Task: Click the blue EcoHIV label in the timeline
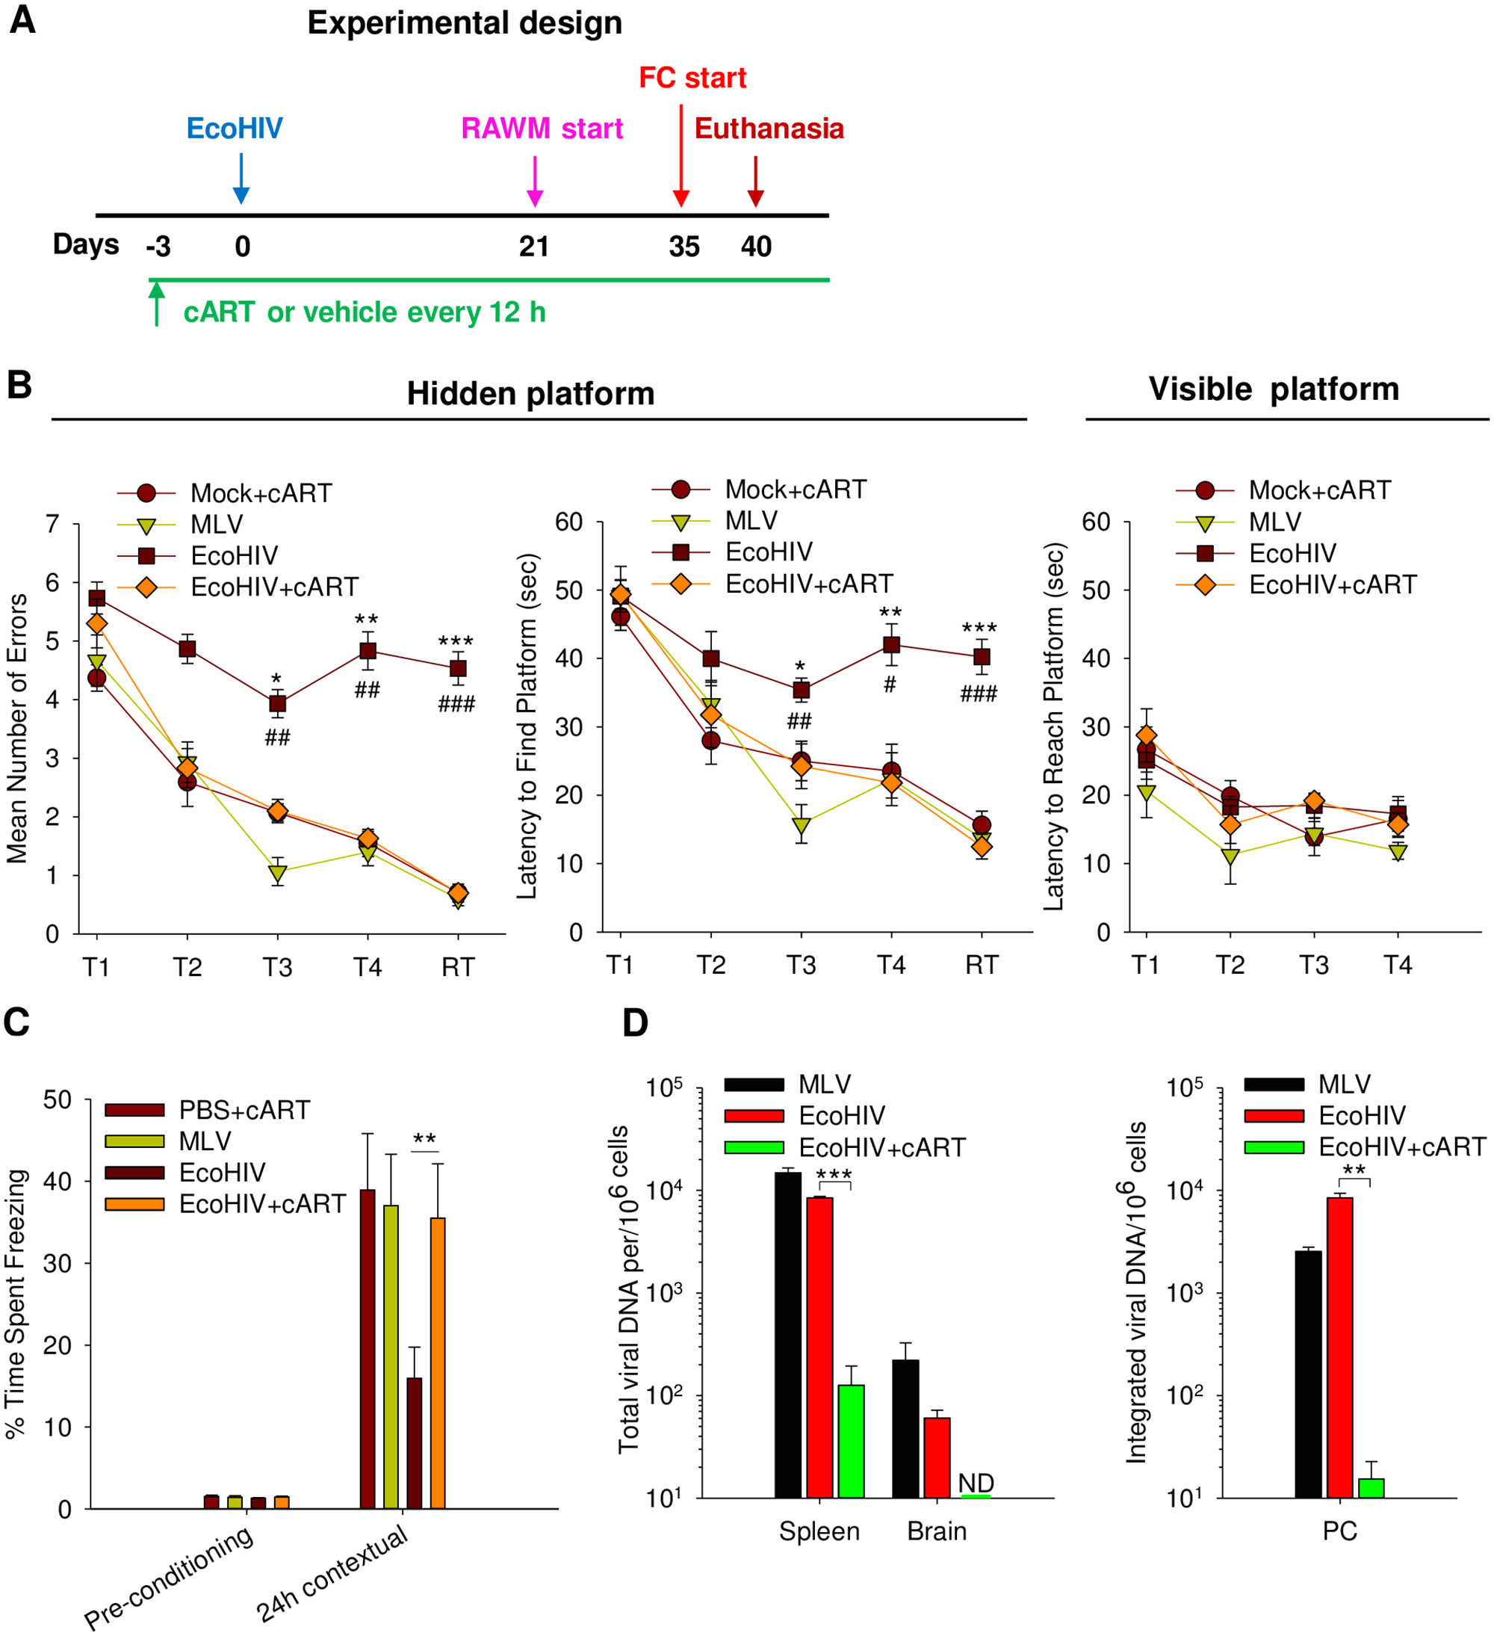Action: tap(235, 129)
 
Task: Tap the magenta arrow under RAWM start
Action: tap(535, 181)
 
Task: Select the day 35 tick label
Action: tap(684, 247)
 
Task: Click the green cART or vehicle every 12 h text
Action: tap(365, 312)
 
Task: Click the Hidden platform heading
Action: tap(530, 394)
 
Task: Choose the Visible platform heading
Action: tap(1274, 389)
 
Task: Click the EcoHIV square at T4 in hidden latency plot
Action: tap(890, 645)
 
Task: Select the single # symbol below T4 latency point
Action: tap(890, 685)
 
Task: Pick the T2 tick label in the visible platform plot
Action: tap(1230, 965)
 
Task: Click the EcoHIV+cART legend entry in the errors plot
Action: tap(273, 587)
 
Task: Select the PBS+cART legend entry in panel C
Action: tap(244, 1110)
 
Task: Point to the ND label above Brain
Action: tap(976, 1483)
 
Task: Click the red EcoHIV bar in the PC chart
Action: tap(1339, 1346)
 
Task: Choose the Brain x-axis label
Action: tap(937, 1531)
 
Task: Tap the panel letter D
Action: tap(635, 1023)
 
